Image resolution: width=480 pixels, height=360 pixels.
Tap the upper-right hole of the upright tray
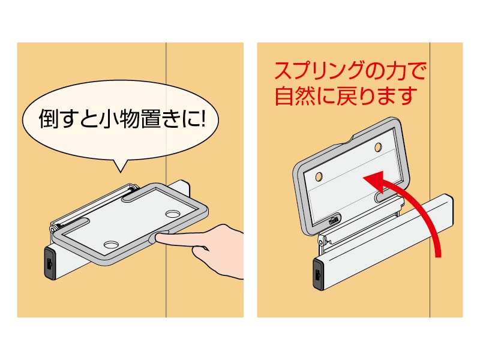click(377, 146)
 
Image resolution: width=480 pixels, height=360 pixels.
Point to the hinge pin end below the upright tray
click(323, 241)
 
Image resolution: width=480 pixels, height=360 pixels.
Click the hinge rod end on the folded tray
click(53, 228)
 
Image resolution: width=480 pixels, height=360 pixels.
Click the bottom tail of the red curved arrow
click(437, 252)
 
